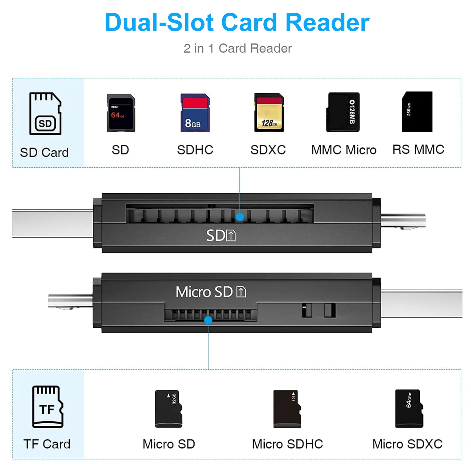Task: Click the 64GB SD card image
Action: pos(121,113)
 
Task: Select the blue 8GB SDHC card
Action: pos(195,113)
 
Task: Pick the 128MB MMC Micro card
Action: pos(343,112)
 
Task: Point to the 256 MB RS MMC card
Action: pos(417,112)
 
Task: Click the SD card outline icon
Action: pos(45,114)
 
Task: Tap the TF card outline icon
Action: pos(48,407)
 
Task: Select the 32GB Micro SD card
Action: pos(169,409)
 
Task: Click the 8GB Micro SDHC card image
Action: pos(287,409)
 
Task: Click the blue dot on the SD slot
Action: pos(240,217)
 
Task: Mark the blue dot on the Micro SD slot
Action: pos(208,320)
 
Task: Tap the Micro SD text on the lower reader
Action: pos(204,292)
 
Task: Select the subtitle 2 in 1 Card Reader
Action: pos(238,49)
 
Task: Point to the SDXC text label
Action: pos(268,150)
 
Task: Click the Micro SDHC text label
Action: pos(287,444)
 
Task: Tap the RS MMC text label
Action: pos(418,150)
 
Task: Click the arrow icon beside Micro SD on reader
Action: pos(241,292)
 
